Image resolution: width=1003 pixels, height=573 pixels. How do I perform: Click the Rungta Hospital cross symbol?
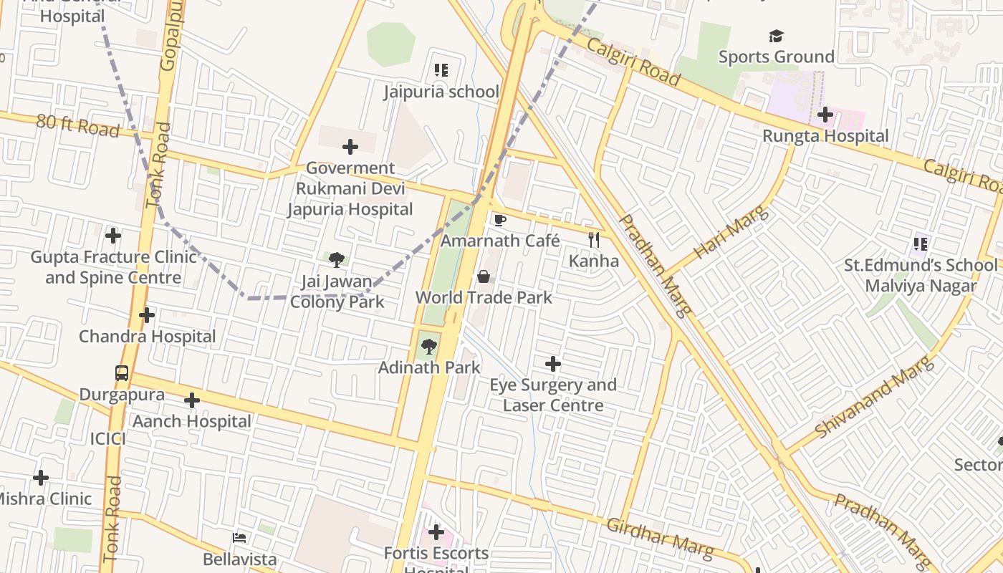tap(825, 114)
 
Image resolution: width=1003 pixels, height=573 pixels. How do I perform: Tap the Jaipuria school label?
tap(441, 92)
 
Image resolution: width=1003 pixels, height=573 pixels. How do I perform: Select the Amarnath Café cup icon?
tap(499, 219)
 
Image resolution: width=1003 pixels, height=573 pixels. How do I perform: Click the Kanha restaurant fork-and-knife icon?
tap(593, 239)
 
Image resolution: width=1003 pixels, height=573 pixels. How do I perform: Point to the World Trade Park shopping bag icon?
tap(484, 276)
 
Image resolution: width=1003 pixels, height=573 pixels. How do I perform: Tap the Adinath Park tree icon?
tap(428, 347)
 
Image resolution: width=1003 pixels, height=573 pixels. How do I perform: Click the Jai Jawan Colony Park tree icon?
tap(337, 259)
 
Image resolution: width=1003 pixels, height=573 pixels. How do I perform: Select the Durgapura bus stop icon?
tap(122, 373)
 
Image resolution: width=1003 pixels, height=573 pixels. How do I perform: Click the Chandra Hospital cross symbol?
tap(147, 315)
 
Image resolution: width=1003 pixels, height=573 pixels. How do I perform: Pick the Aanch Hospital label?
tap(192, 421)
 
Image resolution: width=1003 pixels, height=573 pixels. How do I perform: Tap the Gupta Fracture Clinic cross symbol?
tap(112, 235)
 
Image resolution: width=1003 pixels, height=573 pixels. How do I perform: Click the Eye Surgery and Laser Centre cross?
tap(553, 364)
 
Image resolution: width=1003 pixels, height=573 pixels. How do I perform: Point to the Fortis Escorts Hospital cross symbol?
tap(436, 532)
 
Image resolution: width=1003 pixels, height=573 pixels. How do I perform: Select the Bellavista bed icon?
tap(239, 537)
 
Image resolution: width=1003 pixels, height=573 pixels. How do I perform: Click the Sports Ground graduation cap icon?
tap(776, 36)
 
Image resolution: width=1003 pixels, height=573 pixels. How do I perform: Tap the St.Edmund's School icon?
tap(921, 244)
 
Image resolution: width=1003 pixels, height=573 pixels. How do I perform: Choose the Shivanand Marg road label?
tap(875, 398)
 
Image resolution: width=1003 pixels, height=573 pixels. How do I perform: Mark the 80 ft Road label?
tap(77, 125)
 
